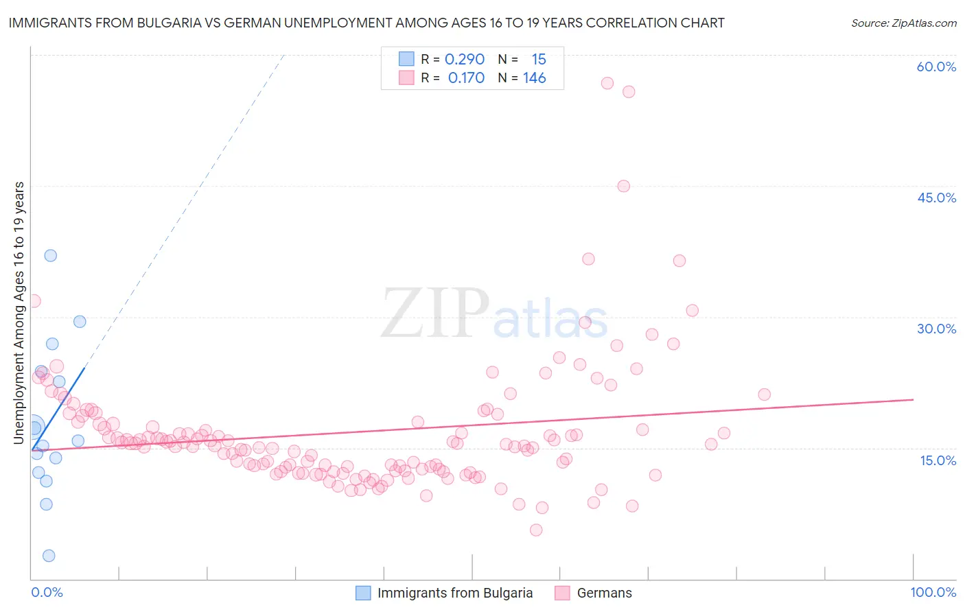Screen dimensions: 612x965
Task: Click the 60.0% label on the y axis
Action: [936, 67]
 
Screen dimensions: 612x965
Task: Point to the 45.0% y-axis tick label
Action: [936, 198]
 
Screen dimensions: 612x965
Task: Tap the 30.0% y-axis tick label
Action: [936, 329]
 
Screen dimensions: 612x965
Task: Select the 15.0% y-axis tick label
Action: [938, 460]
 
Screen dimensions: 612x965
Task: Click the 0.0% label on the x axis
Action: [47, 592]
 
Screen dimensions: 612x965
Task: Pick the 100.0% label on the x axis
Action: [933, 592]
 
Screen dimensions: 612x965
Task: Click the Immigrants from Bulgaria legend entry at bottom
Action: [454, 593]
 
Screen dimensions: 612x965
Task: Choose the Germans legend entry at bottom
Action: [604, 593]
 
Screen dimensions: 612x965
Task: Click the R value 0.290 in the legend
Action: [465, 60]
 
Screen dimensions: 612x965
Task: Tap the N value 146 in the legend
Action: [534, 78]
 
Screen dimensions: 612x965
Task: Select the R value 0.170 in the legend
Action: [466, 78]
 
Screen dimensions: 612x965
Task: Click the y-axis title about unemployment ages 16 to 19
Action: [19, 312]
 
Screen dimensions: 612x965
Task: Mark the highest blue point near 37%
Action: [50, 255]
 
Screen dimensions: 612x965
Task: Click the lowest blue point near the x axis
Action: [49, 556]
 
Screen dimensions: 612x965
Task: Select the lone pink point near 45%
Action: [623, 186]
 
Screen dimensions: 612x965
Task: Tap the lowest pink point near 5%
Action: [536, 530]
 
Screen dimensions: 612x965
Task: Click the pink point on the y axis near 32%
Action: [34, 301]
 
